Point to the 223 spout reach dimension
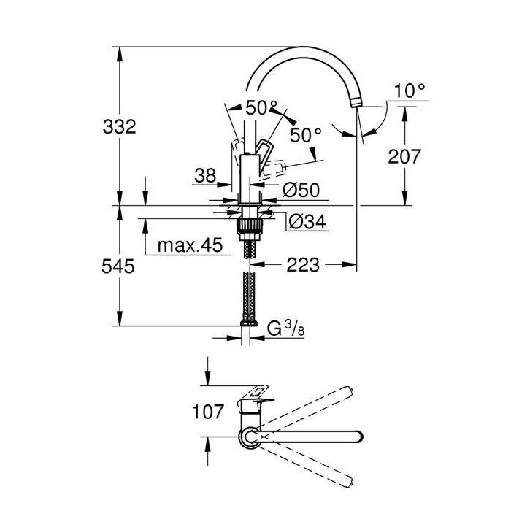click(303, 265)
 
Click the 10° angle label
click(410, 91)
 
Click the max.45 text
click(189, 246)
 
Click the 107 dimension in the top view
click(210, 412)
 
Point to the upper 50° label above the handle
click(261, 108)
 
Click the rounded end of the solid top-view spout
click(356, 437)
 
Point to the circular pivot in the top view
click(250, 437)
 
